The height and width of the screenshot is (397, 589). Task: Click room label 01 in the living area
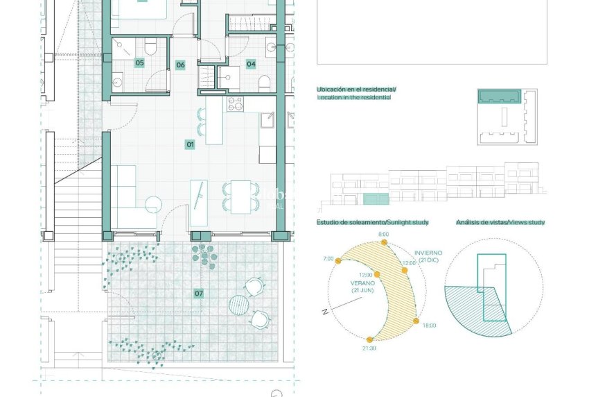(x=190, y=144)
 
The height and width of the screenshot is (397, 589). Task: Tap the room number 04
(x=251, y=64)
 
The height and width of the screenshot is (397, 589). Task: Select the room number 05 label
(x=139, y=63)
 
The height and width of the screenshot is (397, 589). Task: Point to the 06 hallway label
(x=180, y=65)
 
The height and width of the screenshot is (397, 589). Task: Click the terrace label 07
(x=199, y=294)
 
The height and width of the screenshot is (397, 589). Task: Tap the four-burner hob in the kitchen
(x=236, y=105)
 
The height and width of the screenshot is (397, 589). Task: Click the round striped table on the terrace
(x=238, y=304)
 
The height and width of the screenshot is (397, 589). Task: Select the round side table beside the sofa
(x=153, y=205)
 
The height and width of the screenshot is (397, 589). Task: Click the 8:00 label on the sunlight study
(x=383, y=235)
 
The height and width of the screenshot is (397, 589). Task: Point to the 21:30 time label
(x=369, y=348)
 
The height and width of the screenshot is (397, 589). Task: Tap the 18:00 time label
(x=428, y=325)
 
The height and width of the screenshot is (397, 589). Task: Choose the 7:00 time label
(x=328, y=259)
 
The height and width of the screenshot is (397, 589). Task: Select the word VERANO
(x=362, y=283)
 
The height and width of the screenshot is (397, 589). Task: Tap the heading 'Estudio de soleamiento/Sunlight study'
(x=372, y=222)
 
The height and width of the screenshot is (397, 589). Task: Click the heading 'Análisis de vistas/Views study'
(x=500, y=222)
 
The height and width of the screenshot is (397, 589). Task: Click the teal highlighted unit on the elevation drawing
(x=376, y=199)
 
